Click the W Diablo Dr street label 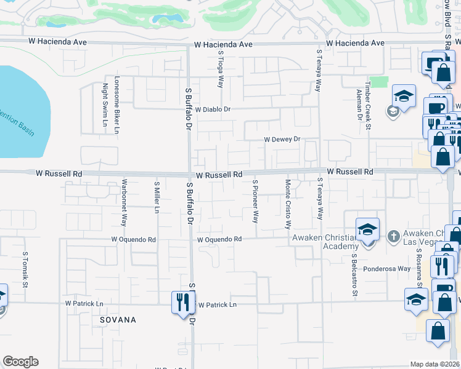tap(213, 109)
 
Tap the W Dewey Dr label tap(282, 140)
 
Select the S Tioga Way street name tap(220, 69)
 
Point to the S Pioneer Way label tap(255, 201)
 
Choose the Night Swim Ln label tap(105, 108)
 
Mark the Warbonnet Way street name tap(124, 204)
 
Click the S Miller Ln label tap(157, 197)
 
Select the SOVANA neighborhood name tap(118, 320)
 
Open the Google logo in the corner tap(20, 362)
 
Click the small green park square tap(380, 82)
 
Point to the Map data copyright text tap(435, 364)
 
